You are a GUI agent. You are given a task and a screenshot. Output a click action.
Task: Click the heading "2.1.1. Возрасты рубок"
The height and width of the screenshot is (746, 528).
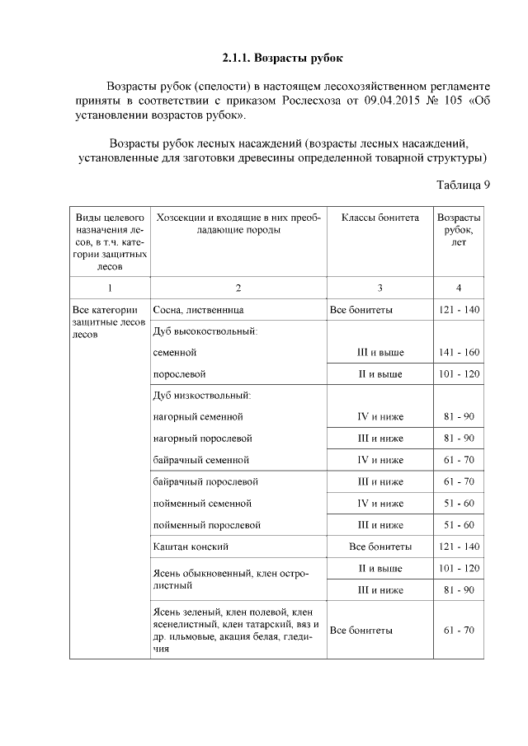(281, 59)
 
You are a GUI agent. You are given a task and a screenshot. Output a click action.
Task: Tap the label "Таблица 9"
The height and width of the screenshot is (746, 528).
(463, 184)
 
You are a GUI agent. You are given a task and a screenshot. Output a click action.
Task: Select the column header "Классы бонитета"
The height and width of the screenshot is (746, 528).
(379, 218)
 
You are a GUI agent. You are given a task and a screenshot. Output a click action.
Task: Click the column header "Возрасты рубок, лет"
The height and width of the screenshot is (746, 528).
(459, 230)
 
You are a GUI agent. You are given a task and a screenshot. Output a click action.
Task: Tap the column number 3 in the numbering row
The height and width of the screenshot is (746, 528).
(379, 288)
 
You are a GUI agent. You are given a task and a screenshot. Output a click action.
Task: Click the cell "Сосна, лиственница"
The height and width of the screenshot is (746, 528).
(198, 310)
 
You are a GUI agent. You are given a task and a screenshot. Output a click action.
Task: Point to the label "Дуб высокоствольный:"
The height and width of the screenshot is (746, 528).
(205, 331)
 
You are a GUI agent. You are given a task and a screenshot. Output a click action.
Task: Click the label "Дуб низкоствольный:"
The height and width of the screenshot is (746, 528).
(201, 395)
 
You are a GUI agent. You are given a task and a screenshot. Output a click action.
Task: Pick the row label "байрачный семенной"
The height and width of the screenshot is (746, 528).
(201, 459)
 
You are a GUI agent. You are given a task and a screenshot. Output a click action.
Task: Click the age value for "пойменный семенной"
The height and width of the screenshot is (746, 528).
(459, 503)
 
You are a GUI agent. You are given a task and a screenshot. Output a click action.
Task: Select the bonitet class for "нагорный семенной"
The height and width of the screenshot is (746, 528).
(380, 416)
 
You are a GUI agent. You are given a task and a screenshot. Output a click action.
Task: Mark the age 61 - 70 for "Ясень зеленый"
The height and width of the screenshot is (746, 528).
(459, 630)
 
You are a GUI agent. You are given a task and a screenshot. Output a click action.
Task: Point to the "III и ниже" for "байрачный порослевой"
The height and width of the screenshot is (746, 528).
(380, 481)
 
